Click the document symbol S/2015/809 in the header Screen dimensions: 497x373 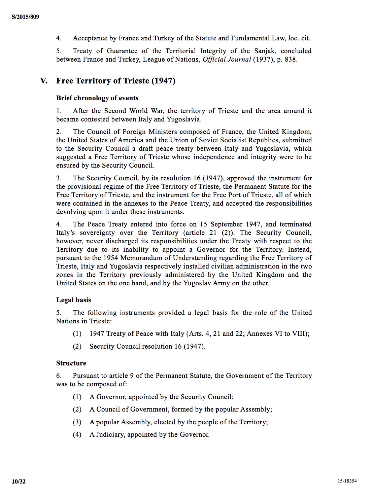click(25, 16)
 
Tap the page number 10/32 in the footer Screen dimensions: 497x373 click(19, 482)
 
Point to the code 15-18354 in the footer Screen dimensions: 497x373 click(347, 481)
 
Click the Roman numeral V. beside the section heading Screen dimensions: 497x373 click(44, 81)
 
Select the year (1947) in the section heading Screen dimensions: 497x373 click(163, 81)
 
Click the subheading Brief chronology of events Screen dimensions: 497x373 click(97, 98)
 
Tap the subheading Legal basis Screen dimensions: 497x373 click(74, 300)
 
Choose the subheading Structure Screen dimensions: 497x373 click(71, 363)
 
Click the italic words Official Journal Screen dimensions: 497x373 click(227, 60)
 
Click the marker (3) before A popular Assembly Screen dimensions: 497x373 click(77, 422)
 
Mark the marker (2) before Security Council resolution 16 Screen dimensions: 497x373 click(77, 346)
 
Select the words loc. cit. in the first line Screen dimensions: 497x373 click(299, 38)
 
